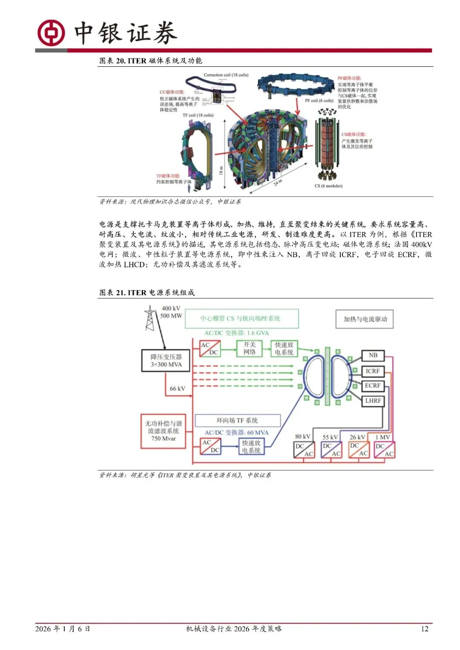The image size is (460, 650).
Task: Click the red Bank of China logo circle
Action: (x=51, y=33)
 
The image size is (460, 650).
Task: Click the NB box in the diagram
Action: (x=373, y=355)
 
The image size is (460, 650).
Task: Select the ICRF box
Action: (x=373, y=371)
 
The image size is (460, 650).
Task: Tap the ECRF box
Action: (x=373, y=386)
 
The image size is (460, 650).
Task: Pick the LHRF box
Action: (x=373, y=401)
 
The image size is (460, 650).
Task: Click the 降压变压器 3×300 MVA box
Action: (x=166, y=361)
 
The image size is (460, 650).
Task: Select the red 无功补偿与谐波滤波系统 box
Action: (x=164, y=431)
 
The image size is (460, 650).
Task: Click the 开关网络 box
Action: (x=249, y=348)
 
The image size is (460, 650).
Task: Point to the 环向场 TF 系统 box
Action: (x=237, y=421)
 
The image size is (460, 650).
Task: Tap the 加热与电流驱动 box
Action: (x=365, y=319)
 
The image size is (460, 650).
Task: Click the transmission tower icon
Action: (x=149, y=318)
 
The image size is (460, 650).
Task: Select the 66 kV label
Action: (x=177, y=389)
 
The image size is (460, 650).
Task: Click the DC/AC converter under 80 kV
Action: (x=304, y=450)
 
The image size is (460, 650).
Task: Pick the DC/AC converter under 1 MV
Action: (x=384, y=450)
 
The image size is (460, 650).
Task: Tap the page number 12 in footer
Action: (x=424, y=629)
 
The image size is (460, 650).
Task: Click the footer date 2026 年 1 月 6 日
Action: (x=63, y=629)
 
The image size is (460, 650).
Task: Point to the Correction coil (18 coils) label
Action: (x=226, y=75)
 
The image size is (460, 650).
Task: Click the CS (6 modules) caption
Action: (x=328, y=186)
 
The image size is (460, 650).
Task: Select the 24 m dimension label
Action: (x=278, y=183)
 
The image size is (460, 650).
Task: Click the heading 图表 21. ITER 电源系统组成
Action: (x=147, y=292)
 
